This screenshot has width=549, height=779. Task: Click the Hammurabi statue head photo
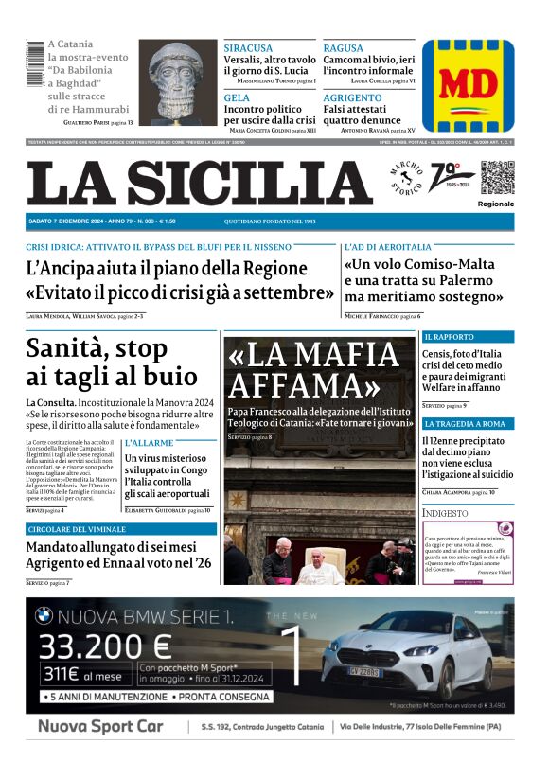click(178, 81)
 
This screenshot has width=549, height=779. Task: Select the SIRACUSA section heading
click(248, 48)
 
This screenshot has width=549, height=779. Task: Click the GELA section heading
click(237, 97)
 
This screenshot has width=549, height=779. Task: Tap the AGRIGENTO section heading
click(352, 97)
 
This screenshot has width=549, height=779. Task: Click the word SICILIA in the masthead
click(255, 183)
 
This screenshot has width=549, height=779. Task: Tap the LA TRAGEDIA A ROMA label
click(465, 423)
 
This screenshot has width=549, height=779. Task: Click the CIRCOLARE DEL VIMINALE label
click(78, 529)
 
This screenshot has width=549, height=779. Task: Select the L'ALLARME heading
click(149, 443)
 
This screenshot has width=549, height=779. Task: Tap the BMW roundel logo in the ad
click(44, 616)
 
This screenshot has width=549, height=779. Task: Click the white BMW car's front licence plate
click(365, 671)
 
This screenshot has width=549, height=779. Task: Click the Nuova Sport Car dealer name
click(100, 727)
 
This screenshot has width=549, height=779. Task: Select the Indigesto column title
click(446, 513)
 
